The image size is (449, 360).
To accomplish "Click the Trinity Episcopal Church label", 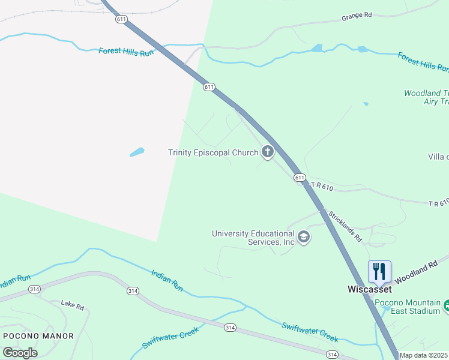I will click(x=213, y=153).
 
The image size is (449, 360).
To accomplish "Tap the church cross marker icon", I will click(x=267, y=152).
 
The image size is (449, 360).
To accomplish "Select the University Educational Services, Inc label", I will click(x=253, y=238).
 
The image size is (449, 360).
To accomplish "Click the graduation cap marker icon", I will click(x=304, y=238).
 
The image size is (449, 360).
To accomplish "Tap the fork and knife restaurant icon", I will click(x=379, y=271).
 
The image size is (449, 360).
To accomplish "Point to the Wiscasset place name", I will click(x=370, y=289).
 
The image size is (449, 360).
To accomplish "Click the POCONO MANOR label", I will click(x=38, y=336).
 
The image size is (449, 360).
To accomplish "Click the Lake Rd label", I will click(x=72, y=305).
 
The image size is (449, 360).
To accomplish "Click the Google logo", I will click(x=20, y=352).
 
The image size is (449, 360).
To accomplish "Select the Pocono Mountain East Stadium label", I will click(x=408, y=307).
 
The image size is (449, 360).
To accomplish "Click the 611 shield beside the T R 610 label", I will click(x=300, y=178).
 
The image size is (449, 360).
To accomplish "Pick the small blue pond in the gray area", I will click(x=137, y=152).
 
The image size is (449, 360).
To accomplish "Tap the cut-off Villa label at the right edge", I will click(x=438, y=157).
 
